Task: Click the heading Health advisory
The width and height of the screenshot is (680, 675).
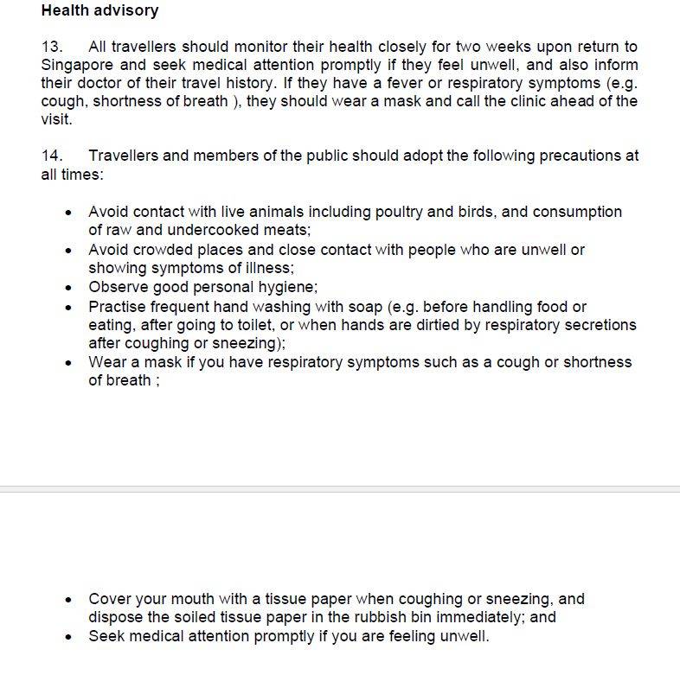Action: (99, 11)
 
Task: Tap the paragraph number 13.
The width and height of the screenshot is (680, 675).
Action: (52, 47)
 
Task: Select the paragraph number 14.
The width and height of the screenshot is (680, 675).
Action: (52, 156)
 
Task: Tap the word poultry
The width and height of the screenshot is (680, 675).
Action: (378, 212)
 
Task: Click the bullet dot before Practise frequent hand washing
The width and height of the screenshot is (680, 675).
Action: (69, 308)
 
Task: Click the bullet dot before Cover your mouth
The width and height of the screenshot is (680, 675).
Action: (69, 600)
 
